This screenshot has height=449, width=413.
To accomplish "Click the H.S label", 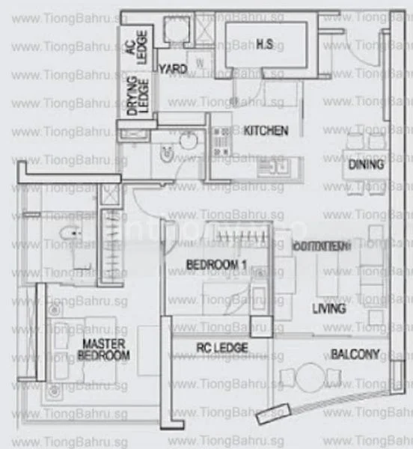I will pos(264,45).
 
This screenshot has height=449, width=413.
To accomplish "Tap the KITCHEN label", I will pos(266,130).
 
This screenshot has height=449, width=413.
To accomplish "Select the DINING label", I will pos(366,165).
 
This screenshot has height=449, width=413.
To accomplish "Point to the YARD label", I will pos(173,69).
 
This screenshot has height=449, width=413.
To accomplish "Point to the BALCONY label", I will pos(355,355).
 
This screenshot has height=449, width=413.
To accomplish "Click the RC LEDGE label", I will pos(221,348).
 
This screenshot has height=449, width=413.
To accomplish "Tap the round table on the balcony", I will pos(308,379).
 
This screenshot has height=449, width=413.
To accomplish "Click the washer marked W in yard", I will pos(200,64).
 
